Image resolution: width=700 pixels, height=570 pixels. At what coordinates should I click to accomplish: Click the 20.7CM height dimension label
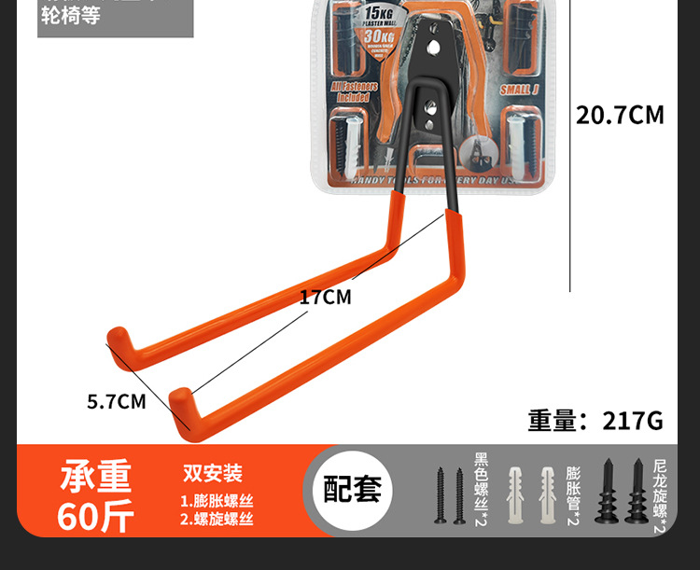620,116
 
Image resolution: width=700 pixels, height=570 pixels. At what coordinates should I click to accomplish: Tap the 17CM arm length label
325,298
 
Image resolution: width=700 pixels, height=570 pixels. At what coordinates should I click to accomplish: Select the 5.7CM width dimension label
117,402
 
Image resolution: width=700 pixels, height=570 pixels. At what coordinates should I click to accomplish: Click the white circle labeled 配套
352,490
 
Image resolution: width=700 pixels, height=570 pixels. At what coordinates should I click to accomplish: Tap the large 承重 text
96,477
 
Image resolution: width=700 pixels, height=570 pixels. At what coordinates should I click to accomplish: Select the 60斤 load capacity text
95,516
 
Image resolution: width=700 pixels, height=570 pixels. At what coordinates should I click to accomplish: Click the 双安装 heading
213,474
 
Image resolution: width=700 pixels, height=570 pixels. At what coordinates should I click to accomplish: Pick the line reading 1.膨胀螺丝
217,500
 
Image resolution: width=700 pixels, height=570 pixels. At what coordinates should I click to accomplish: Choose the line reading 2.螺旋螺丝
217,520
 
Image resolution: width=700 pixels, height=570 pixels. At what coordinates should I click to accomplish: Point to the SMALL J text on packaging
520,90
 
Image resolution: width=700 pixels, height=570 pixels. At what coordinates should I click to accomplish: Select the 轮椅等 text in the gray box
71,16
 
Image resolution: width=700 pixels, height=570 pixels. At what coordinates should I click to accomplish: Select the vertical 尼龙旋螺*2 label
659,495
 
